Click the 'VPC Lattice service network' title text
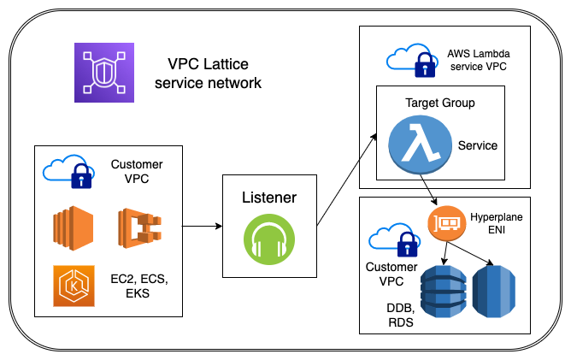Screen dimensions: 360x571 click(x=215, y=74)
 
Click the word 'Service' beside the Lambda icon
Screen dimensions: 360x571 click(x=477, y=145)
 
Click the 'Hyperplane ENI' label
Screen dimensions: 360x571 click(x=497, y=225)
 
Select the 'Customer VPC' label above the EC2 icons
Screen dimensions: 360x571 click(x=137, y=171)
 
